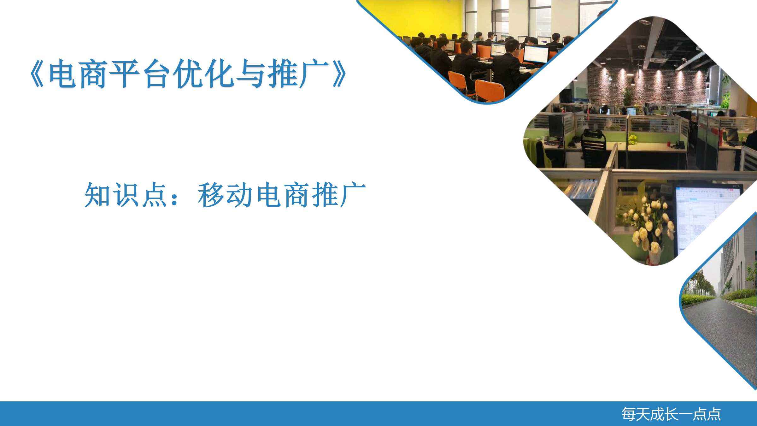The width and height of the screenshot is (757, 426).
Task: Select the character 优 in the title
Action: click(x=190, y=74)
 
